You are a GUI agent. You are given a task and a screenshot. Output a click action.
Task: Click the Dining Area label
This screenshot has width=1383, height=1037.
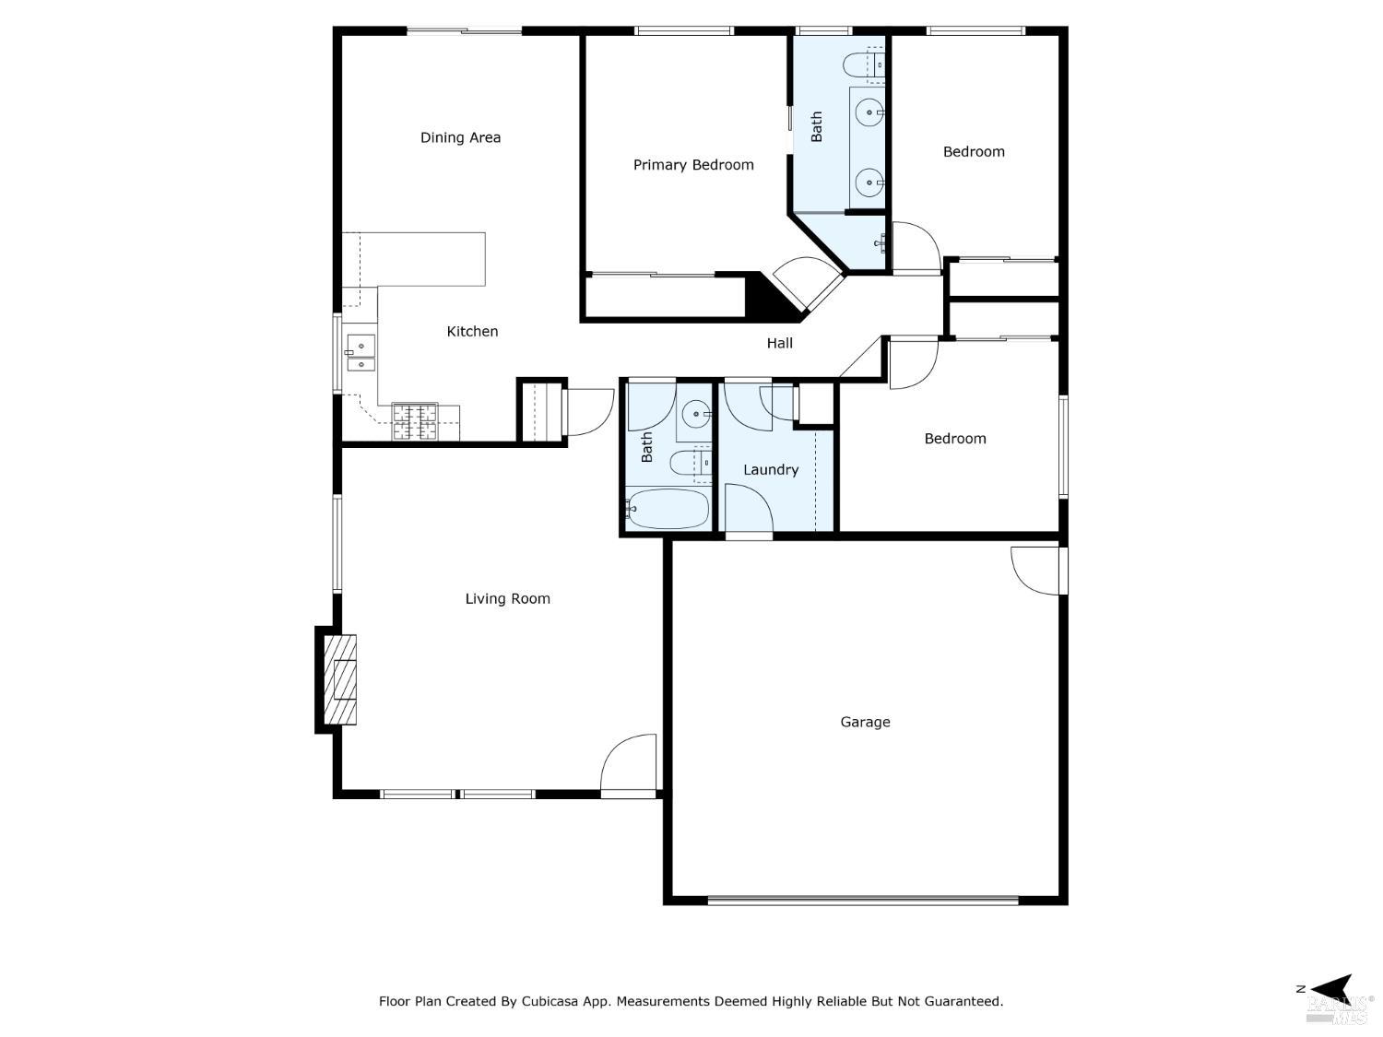pyautogui.click(x=460, y=137)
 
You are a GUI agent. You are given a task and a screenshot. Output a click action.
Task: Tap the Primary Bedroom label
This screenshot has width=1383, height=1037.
pyautogui.click(x=693, y=165)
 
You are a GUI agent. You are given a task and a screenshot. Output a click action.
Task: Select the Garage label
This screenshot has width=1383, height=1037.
pyautogui.click(x=865, y=722)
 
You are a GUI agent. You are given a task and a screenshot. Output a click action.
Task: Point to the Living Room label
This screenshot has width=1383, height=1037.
pyautogui.click(x=507, y=598)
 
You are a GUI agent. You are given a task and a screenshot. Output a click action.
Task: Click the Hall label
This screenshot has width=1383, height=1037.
pyautogui.click(x=779, y=343)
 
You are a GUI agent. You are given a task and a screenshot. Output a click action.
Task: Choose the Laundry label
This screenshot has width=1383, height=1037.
pyautogui.click(x=770, y=469)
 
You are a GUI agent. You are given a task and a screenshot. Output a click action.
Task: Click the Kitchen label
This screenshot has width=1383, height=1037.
pyautogui.click(x=472, y=331)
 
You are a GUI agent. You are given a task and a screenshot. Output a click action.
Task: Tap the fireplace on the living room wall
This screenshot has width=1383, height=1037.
pyautogui.click(x=339, y=680)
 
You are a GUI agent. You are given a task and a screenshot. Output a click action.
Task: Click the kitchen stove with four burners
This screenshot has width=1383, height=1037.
pyautogui.click(x=414, y=421)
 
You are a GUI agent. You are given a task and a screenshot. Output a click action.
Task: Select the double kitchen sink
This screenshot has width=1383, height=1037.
pyautogui.click(x=361, y=352)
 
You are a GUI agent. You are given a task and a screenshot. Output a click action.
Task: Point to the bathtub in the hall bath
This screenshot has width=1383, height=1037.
pyautogui.click(x=668, y=509)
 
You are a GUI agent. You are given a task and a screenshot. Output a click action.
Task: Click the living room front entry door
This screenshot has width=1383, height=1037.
pyautogui.click(x=629, y=765)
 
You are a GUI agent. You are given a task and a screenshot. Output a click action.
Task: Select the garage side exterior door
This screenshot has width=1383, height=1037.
pyautogui.click(x=1037, y=572)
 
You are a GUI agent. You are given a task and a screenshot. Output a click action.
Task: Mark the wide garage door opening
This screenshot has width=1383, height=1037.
pyautogui.click(x=863, y=900)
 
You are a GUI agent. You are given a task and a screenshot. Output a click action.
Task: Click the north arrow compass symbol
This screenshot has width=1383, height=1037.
pyautogui.click(x=1329, y=987)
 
